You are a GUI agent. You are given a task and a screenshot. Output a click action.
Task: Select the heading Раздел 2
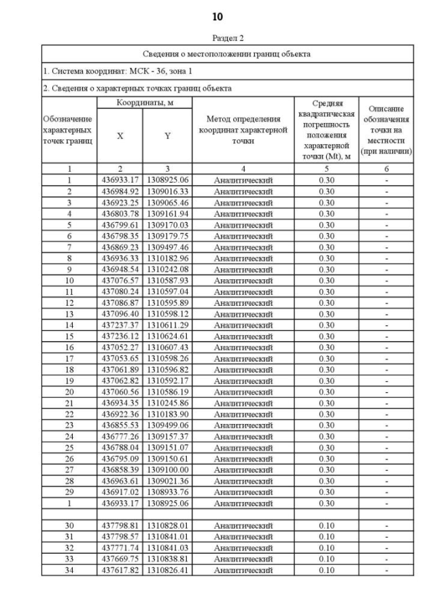click(x=227, y=38)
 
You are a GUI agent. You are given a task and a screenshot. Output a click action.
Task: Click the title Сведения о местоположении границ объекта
click(x=227, y=53)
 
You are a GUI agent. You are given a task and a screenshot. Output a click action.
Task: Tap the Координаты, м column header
click(x=143, y=103)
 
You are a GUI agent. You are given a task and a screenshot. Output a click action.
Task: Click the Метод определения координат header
click(x=243, y=130)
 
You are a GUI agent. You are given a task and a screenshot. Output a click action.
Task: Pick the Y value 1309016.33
click(x=167, y=192)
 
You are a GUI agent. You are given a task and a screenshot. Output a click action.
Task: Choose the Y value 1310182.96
click(x=167, y=258)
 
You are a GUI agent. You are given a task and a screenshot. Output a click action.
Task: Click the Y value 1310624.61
click(x=167, y=336)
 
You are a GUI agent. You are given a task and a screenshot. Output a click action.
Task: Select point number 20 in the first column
click(x=69, y=392)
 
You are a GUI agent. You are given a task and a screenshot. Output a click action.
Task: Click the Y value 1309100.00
click(x=167, y=470)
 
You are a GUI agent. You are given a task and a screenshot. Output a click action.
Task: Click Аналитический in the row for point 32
click(x=243, y=548)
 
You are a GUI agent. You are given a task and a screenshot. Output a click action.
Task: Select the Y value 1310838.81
click(x=167, y=559)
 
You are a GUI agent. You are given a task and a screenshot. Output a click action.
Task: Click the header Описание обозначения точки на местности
click(x=386, y=130)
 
